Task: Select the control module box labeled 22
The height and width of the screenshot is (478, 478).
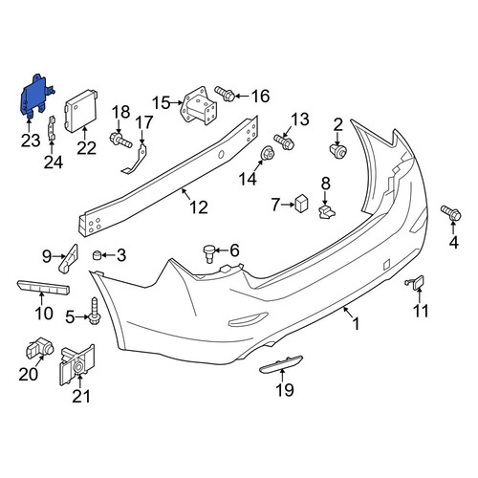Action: pos(81,111)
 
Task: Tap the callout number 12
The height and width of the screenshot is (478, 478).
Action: pos(199,207)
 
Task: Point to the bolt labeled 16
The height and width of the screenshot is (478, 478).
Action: pos(225,94)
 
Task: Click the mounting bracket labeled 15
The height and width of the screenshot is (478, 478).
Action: pos(198,107)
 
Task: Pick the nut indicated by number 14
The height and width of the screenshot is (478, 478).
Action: pos(267,154)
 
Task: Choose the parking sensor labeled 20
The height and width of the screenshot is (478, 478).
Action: pos(39,347)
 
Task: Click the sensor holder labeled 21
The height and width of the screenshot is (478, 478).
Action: pos(77,364)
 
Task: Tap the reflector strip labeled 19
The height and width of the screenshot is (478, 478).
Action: pos(281,364)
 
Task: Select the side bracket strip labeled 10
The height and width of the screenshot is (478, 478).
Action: pos(43,288)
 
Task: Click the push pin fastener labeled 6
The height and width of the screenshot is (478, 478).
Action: pos(208,253)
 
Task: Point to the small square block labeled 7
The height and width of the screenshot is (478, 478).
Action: pos(301,204)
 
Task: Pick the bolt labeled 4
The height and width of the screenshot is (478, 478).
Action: pos(451,213)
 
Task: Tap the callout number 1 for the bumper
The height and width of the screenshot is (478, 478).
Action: pos(356,324)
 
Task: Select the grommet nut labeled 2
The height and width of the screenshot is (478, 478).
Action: pos(338,151)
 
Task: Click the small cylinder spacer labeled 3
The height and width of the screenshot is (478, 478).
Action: pos(97,255)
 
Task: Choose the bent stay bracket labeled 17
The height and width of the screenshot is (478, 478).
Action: pos(135,159)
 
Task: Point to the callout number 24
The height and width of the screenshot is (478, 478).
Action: pos(54,163)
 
